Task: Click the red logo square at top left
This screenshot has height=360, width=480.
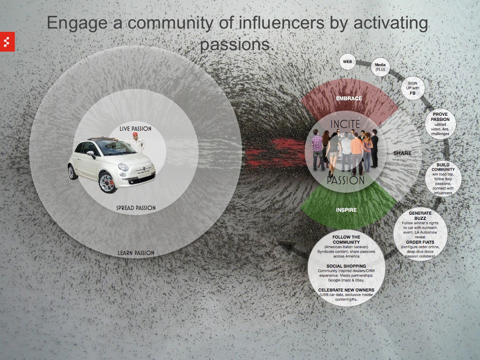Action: pos(8,42)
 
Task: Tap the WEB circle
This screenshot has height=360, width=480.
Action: pos(348,61)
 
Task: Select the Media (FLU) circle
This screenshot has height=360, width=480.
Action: pos(380,67)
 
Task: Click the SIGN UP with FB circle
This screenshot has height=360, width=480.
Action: pos(412,88)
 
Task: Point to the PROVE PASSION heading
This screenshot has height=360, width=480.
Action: pos(440,117)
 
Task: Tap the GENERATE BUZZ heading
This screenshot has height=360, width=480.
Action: pos(420,216)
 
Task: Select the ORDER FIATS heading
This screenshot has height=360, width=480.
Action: pos(420,242)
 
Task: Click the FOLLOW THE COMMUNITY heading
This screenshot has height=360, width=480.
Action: pos(346,240)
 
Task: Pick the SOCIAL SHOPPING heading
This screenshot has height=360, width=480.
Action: pos(346,266)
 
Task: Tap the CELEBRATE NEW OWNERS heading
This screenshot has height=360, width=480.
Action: pos(346,290)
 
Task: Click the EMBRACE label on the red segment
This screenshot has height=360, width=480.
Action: pos(349,98)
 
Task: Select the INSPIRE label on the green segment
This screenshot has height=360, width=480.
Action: pos(346,210)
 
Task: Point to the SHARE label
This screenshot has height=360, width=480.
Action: pos(402,153)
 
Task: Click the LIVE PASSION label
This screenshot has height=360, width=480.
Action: pos(135,128)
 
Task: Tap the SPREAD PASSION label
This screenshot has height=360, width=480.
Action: pos(136,208)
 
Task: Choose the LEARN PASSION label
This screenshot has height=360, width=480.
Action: pos(136,253)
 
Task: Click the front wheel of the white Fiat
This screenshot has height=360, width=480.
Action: pos(107,182)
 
